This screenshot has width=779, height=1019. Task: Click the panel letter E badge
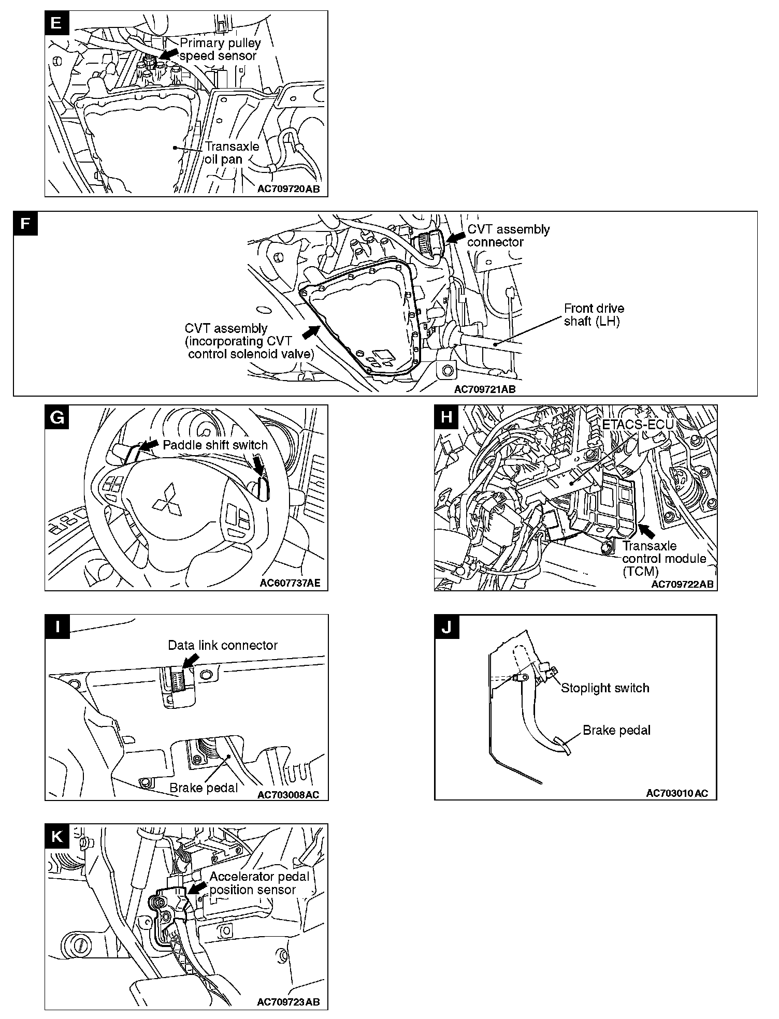pos(56,22)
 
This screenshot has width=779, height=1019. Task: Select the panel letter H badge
pos(446,417)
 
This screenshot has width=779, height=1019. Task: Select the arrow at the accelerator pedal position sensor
pos(196,888)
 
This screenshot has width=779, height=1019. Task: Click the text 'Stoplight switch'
pos(605,688)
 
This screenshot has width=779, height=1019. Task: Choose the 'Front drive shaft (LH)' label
pos(594,315)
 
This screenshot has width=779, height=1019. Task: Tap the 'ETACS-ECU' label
pos(638,424)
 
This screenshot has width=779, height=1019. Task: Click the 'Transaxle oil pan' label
pos(232,153)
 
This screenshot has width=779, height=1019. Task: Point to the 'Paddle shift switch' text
pos(215,445)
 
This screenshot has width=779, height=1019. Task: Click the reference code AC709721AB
pos(485,389)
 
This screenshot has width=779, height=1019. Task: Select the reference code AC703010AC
pos(677,793)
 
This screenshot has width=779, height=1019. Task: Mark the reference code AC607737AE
pos(290,583)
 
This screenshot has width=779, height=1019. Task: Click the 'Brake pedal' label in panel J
pos(616,730)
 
